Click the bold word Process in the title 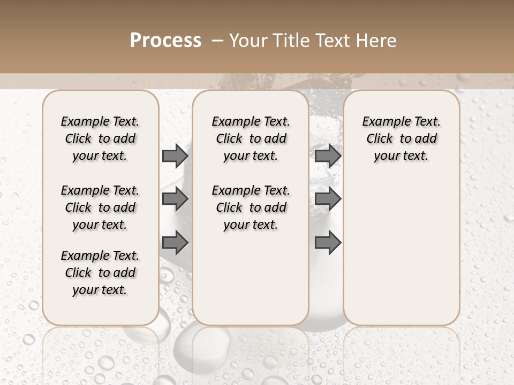pyautogui.click(x=165, y=40)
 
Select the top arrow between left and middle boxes pyautogui.click(x=175, y=156)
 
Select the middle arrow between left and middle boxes pyautogui.click(x=175, y=199)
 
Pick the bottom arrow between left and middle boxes pyautogui.click(x=175, y=242)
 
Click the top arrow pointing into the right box pyautogui.click(x=328, y=156)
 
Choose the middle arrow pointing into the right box pyautogui.click(x=328, y=199)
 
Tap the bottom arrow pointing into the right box pyautogui.click(x=328, y=242)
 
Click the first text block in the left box pyautogui.click(x=100, y=138)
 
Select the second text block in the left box pyautogui.click(x=100, y=207)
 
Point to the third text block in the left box pyautogui.click(x=100, y=273)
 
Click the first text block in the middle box pyautogui.click(x=251, y=138)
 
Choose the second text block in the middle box pyautogui.click(x=251, y=207)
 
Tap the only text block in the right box pyautogui.click(x=402, y=138)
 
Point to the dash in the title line pyautogui.click(x=217, y=41)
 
